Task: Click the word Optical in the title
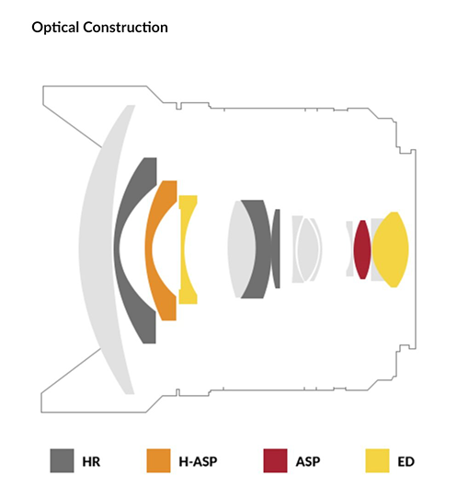point(55,28)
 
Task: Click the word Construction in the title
point(126,27)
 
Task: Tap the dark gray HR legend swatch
point(62,460)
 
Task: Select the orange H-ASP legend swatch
point(158,460)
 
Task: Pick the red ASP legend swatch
point(275,460)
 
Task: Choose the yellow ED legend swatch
point(377,460)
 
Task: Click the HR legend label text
point(91,461)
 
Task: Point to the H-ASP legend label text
point(198,461)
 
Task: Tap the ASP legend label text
point(308,461)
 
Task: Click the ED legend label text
point(406,461)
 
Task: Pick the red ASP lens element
point(362,249)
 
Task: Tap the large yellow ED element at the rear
point(391,249)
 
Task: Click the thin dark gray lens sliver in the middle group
point(276,249)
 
